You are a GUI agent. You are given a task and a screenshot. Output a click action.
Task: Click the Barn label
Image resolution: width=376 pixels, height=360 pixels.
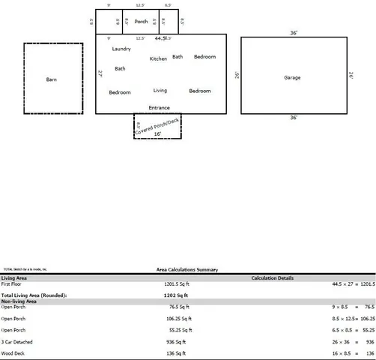(x=51, y=79)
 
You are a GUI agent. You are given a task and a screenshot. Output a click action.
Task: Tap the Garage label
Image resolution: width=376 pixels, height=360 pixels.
(x=292, y=77)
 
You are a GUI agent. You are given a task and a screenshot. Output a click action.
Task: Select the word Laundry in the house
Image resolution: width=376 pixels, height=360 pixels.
(x=121, y=49)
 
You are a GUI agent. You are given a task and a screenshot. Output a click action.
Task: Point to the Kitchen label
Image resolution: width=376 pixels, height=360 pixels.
(x=158, y=58)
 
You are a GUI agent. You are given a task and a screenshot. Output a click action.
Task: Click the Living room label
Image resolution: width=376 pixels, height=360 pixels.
(x=160, y=90)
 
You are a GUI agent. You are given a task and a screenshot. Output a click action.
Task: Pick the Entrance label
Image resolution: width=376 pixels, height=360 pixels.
(x=159, y=107)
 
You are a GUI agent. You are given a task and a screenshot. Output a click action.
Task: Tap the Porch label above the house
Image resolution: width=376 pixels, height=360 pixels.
(x=141, y=21)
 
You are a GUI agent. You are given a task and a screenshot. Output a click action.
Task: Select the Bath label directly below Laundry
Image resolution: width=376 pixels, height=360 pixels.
(x=120, y=68)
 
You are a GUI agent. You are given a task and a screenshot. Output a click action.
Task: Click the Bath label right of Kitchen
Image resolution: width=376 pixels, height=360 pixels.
(x=178, y=56)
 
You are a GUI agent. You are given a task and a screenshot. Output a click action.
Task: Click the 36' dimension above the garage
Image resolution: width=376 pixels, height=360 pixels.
(x=294, y=33)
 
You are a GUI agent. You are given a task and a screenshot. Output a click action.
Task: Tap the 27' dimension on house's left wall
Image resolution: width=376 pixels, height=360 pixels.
(x=100, y=73)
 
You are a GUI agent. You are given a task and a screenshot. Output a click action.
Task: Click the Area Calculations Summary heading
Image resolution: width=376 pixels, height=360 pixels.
(x=187, y=270)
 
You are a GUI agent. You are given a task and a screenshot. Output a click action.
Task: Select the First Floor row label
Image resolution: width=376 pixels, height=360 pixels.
(x=12, y=284)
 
